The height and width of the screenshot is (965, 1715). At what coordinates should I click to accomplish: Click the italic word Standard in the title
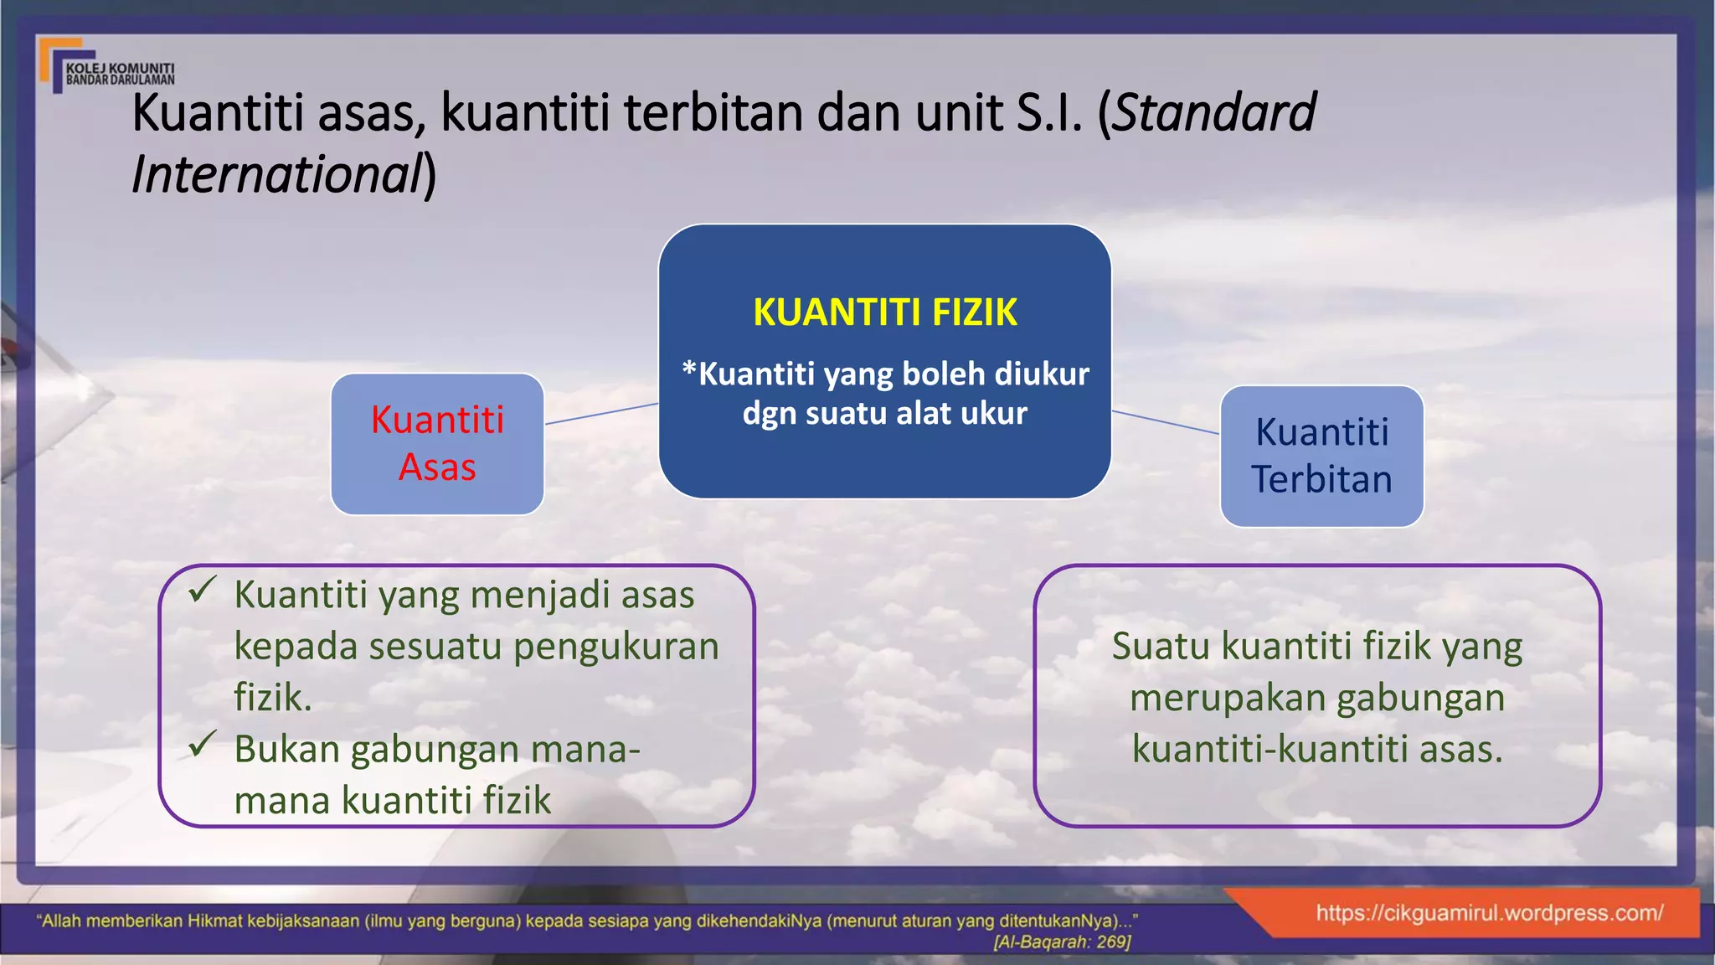[x=1215, y=113]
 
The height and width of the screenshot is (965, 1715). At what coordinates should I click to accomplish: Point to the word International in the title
[x=277, y=175]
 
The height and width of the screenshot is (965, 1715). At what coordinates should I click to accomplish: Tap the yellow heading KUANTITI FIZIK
[x=884, y=312]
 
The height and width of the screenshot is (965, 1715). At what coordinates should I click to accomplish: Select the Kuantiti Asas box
[x=437, y=444]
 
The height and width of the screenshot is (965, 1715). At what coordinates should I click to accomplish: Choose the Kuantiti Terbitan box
[x=1321, y=457]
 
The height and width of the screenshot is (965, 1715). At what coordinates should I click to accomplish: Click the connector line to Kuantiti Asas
[x=601, y=414]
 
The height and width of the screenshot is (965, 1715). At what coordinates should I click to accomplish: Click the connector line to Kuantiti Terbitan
[x=1165, y=422]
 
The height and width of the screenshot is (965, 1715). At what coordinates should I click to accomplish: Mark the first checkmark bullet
[x=203, y=590]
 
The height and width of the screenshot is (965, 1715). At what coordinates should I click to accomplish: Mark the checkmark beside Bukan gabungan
[x=203, y=743]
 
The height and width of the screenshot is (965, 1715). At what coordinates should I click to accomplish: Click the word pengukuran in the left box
[x=615, y=647]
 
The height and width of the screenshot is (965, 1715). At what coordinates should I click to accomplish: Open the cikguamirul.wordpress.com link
[x=1489, y=913]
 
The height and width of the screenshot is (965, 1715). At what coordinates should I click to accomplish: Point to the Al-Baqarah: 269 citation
[x=1062, y=942]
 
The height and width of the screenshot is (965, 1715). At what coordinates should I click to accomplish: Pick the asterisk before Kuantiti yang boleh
[x=689, y=369]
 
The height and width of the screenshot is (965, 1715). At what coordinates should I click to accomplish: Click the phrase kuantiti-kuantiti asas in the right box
[x=1317, y=749]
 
